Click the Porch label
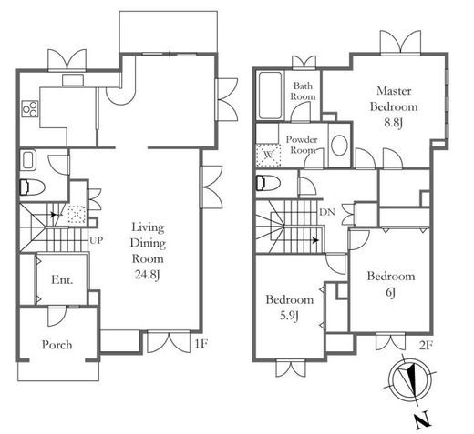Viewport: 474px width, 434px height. pos(57,345)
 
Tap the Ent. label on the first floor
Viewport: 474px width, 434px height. pos(62,279)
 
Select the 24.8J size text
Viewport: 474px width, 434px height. pos(148,275)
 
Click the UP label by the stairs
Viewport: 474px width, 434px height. pos(96,240)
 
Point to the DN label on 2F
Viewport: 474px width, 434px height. pos(327,212)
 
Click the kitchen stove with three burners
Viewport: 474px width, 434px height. pos(30,109)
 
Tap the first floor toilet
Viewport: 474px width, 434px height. pos(32,187)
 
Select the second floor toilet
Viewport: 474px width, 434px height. pos(268,183)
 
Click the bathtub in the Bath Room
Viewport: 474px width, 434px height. pos(270,96)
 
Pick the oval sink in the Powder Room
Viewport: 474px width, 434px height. pos(339,146)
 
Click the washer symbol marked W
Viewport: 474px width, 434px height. pos(268,155)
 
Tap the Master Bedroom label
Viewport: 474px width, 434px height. pos(394,98)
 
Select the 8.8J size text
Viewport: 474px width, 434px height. pos(394,123)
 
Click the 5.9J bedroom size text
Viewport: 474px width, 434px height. pos(289,317)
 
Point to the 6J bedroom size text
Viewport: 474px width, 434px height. pos(390,292)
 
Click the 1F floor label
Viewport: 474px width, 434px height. pos(201,344)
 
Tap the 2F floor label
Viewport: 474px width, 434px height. pos(426,346)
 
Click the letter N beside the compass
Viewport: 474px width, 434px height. pos(423,420)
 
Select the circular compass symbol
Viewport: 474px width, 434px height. pos(410,380)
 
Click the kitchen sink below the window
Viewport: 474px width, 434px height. pos(73,80)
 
